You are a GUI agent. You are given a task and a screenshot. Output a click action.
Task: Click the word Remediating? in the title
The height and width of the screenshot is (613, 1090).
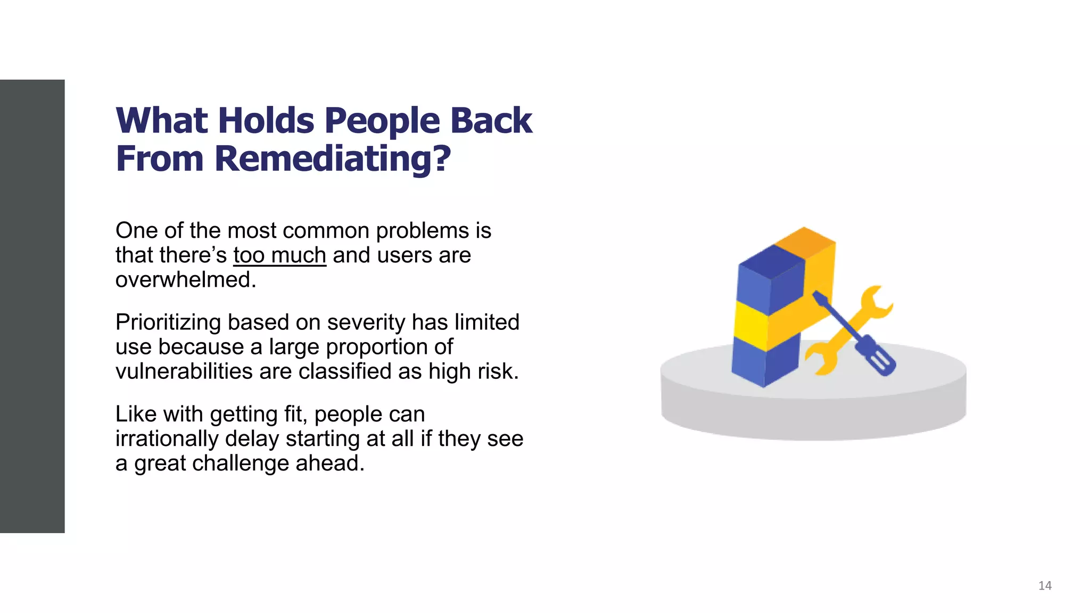point(333,159)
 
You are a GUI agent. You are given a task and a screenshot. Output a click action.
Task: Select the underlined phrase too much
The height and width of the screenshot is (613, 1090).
point(279,255)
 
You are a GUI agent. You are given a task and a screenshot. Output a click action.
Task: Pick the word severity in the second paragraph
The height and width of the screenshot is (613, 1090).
point(361,322)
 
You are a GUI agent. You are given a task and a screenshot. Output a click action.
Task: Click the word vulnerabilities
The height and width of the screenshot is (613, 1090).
point(184,371)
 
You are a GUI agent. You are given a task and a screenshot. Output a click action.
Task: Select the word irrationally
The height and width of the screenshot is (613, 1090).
point(167,439)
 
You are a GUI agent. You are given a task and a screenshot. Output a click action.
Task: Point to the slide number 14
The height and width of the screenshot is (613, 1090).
point(1045,586)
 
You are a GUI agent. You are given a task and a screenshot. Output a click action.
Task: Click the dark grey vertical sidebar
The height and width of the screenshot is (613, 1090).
point(32,306)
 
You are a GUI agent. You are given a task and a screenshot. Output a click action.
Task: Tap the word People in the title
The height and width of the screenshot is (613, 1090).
point(382,120)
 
